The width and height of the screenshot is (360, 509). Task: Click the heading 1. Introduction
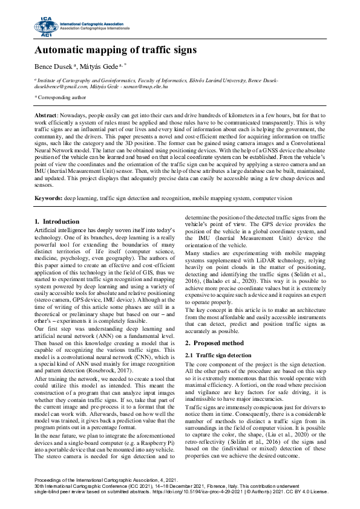click(x=57, y=222)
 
